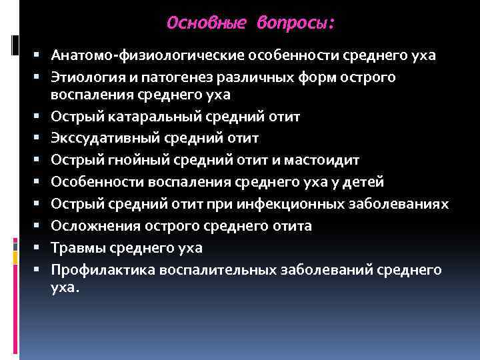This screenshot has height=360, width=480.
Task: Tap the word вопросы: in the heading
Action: click(x=296, y=23)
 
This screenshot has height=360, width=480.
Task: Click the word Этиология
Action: click(x=85, y=77)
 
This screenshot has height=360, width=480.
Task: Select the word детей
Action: click(x=365, y=181)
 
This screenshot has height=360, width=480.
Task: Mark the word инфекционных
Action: click(x=311, y=203)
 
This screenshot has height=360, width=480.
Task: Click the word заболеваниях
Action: click(x=403, y=203)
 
